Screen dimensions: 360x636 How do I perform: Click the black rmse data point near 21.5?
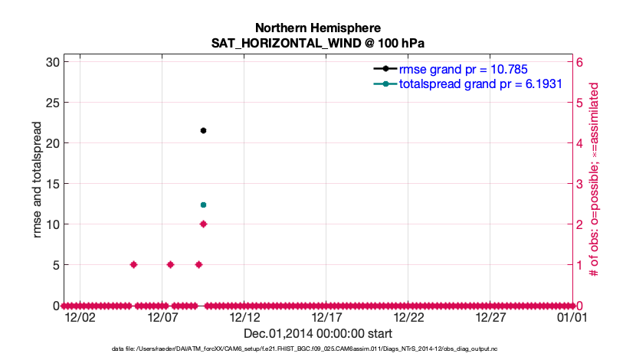pos(203,131)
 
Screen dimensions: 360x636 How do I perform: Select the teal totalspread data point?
pos(203,205)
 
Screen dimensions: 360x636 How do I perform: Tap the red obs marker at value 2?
pos(203,224)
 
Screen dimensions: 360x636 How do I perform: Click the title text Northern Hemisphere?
pos(317,28)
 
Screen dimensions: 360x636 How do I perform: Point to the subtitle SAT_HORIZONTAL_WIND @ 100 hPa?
pos(317,44)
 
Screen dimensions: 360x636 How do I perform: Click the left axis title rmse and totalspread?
pos(38,183)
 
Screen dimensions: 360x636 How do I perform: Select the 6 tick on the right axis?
pos(580,62)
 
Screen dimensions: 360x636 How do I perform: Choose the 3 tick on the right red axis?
pos(580,184)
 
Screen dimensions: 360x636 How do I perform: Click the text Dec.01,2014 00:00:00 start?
pos(317,333)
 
